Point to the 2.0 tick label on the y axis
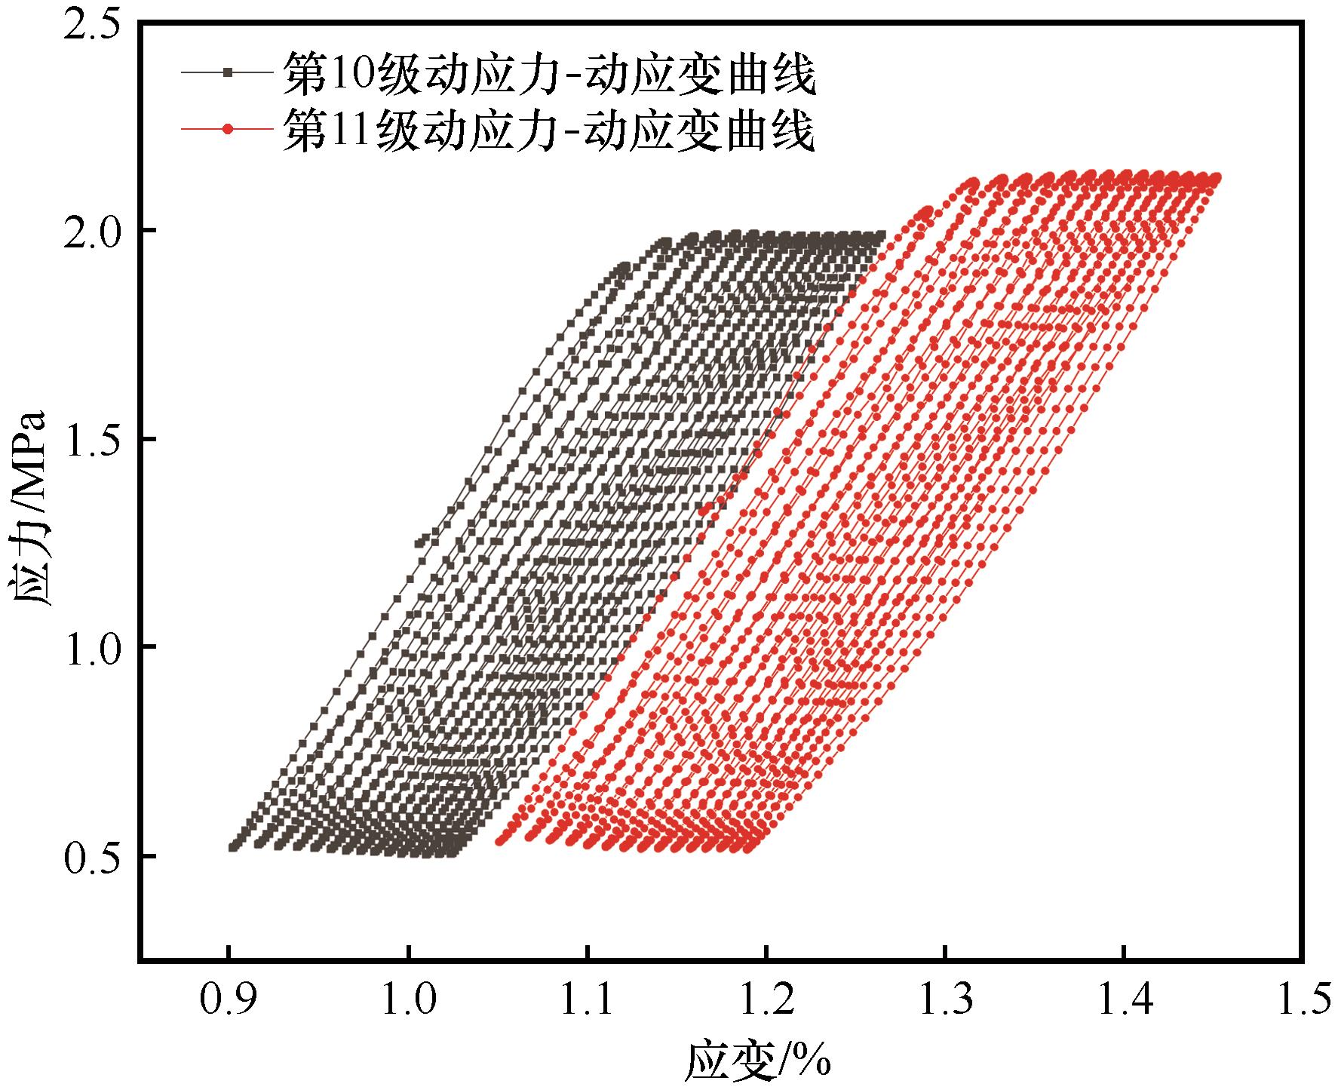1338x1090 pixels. pos(93,230)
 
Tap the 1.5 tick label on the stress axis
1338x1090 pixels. pos(93,439)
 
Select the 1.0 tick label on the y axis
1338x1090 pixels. pos(93,647)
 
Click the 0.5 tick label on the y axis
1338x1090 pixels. pos(93,856)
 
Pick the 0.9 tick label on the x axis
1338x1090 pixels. pos(228,999)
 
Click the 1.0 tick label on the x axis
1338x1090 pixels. pos(407,999)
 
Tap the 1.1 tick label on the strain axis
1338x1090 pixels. pos(586,999)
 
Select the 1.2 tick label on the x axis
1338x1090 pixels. pos(766,999)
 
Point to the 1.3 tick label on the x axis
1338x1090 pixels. pos(944,999)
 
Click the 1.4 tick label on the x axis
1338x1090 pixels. pos(1124,999)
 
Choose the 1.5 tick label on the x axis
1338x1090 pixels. pos(1303,999)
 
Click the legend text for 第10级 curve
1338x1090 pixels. pos(549,74)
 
